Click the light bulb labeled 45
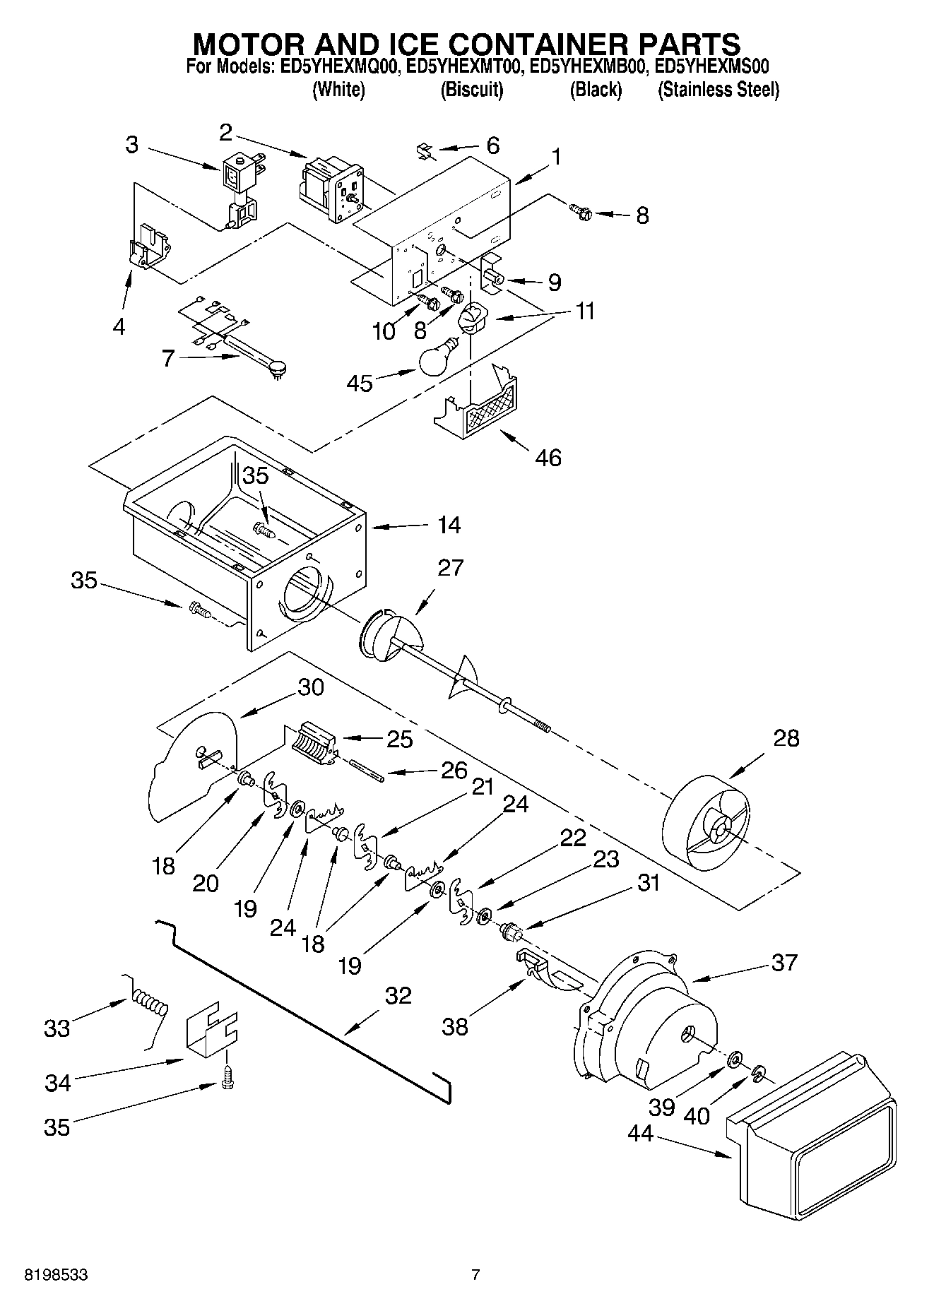pos(439,358)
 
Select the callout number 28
pos(786,738)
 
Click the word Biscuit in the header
pos(471,90)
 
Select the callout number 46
pos(548,458)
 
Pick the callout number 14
pos(449,525)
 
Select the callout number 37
pos(784,962)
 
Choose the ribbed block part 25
pos(312,744)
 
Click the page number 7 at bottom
pos(475,1275)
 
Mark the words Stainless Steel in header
pos(719,90)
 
